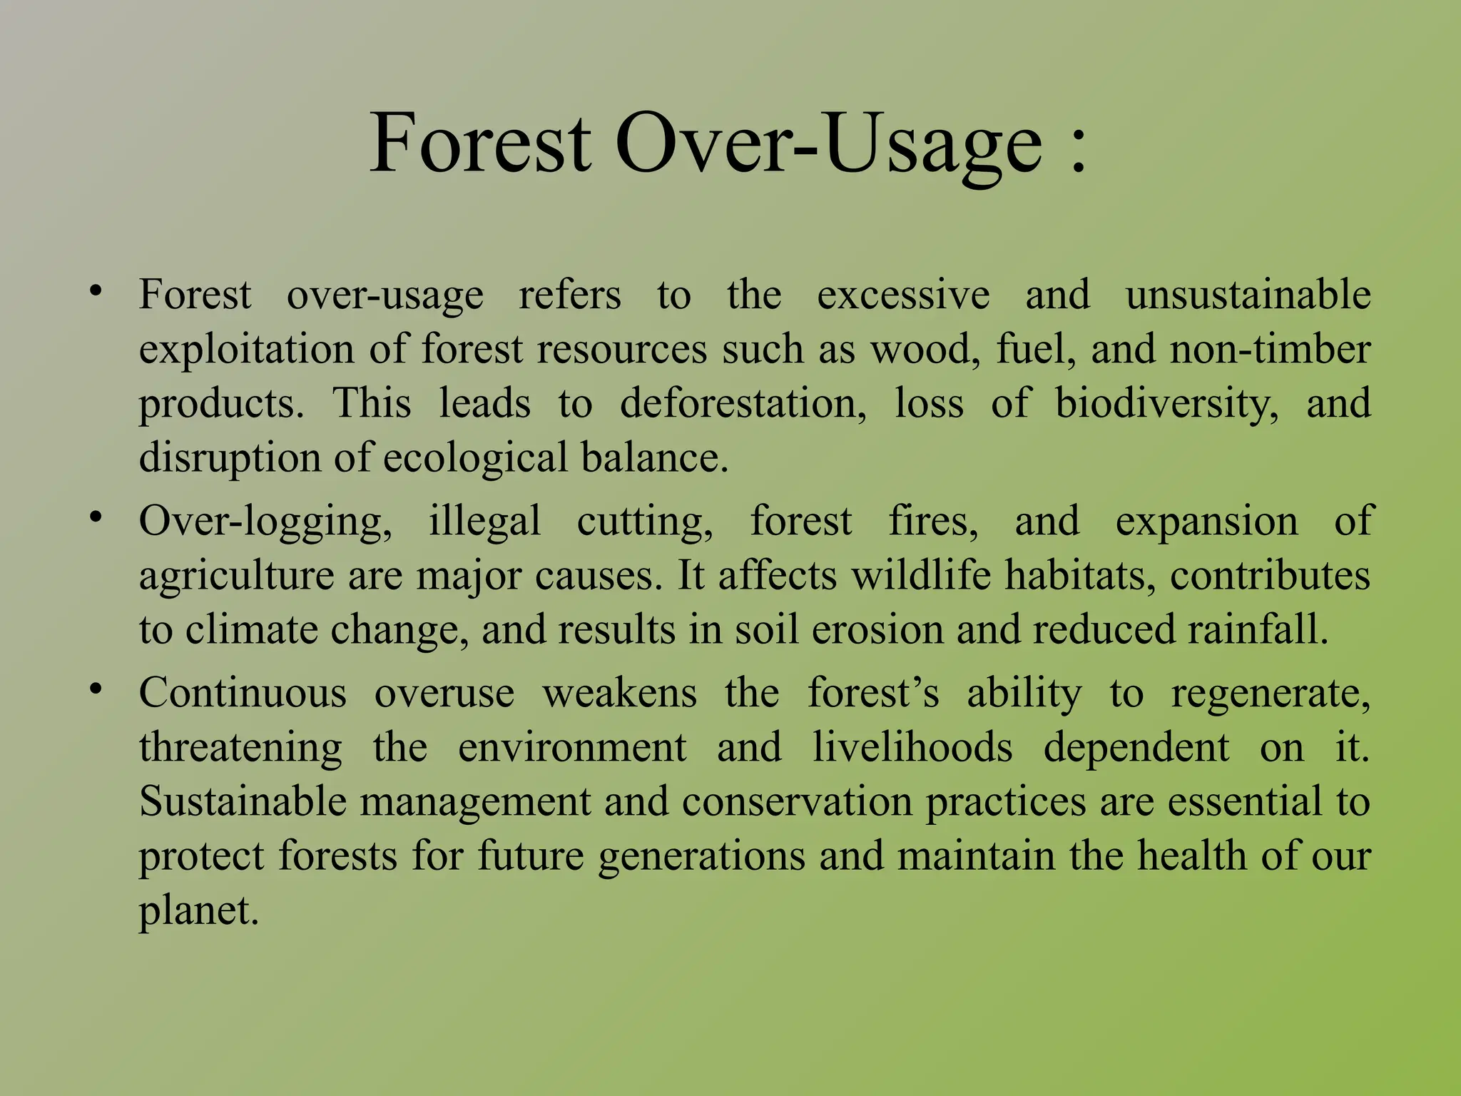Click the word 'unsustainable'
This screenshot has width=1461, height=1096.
pyautogui.click(x=1248, y=295)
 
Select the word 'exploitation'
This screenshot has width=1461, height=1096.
pyautogui.click(x=246, y=350)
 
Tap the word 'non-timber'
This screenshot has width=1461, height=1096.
pyautogui.click(x=1270, y=350)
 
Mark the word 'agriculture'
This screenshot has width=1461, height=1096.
pyautogui.click(x=236, y=575)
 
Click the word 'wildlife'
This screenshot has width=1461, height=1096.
pyautogui.click(x=921, y=575)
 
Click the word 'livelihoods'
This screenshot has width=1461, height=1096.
pyautogui.click(x=912, y=747)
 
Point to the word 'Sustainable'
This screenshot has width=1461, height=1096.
pyautogui.click(x=243, y=801)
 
